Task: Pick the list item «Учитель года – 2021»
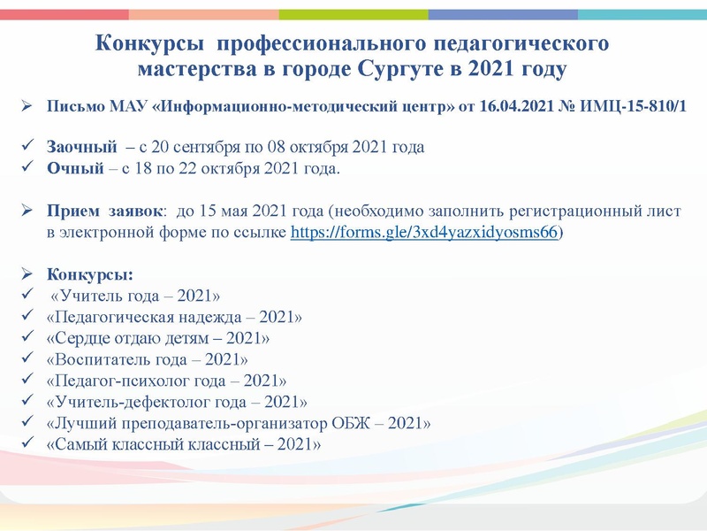[136, 295]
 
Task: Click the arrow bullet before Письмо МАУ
[27, 107]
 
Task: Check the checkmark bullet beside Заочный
[27, 148]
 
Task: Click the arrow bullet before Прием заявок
[27, 212]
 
